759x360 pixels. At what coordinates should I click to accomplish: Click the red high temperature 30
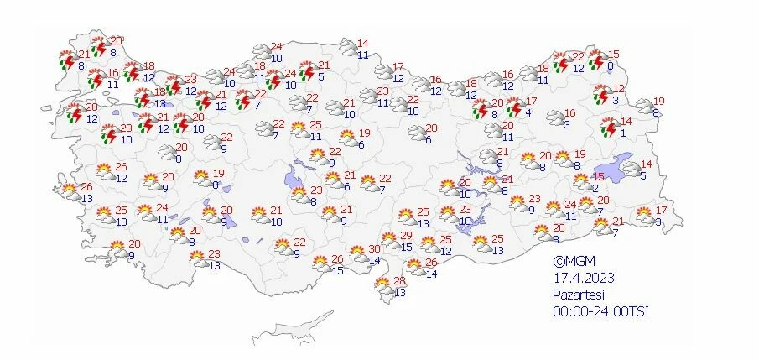tap(375, 249)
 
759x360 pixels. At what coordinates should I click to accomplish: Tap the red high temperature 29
tap(406, 236)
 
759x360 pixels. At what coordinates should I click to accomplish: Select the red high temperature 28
tap(400, 281)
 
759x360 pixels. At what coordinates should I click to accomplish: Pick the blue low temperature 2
tap(594, 189)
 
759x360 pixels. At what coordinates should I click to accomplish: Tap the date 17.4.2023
tap(580, 277)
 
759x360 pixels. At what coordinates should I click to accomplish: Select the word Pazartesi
tap(578, 294)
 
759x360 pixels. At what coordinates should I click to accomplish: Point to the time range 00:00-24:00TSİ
tap(601, 310)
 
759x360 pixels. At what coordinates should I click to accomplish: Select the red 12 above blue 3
tap(619, 89)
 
